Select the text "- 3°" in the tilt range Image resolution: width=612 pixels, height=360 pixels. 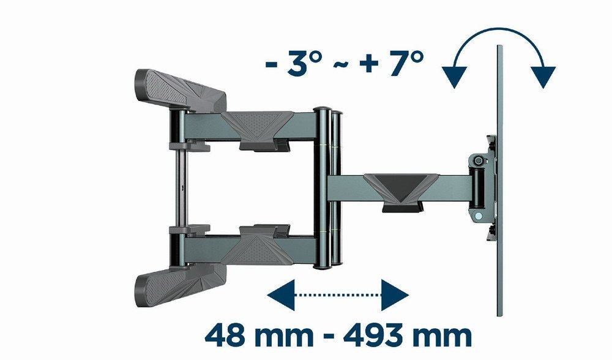coord(292,63)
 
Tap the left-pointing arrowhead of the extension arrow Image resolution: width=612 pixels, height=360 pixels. coord(281,295)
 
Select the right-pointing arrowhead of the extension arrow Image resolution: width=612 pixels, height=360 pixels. coord(394,295)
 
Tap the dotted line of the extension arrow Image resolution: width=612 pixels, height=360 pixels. coord(338,295)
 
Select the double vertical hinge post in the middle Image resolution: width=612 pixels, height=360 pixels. coord(329,187)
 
